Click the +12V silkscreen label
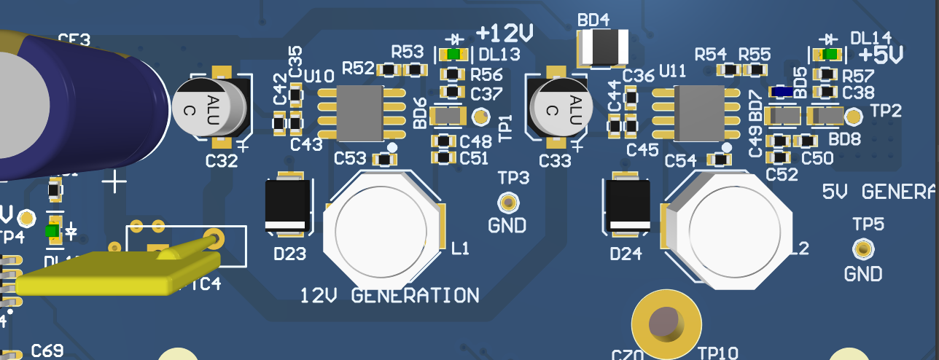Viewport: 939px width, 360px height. [504, 33]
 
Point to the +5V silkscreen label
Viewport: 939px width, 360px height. [881, 54]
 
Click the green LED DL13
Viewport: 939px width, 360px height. [455, 54]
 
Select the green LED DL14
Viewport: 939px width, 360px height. [827, 54]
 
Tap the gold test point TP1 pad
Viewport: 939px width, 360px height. [480, 115]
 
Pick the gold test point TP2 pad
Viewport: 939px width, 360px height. [854, 114]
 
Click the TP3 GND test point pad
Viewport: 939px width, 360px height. [507, 203]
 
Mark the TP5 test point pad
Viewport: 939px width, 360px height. [863, 250]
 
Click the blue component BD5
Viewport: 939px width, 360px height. [784, 92]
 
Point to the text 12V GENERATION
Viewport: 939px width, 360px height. [390, 295]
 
